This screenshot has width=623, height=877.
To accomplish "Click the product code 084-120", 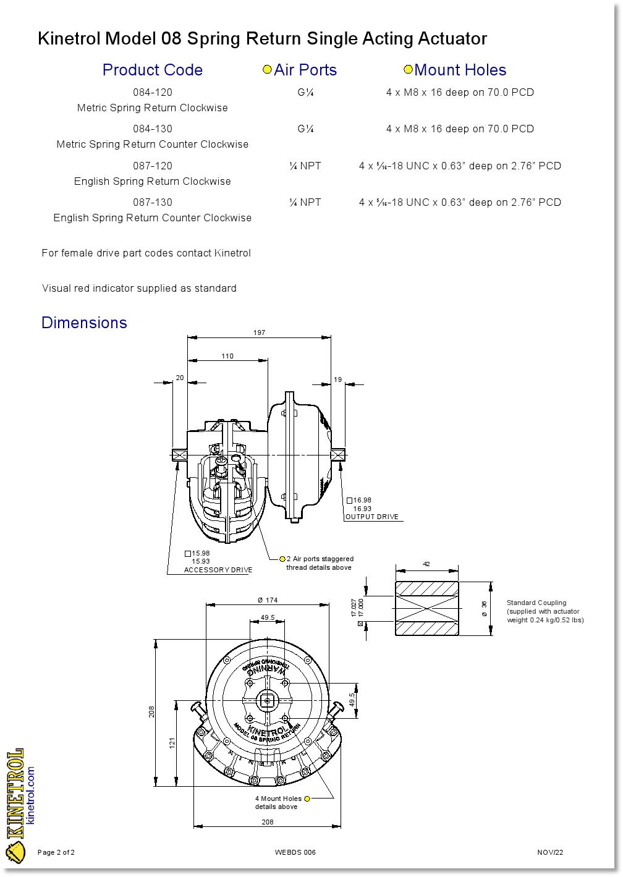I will point(153,93).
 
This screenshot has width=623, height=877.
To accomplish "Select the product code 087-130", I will point(153,203).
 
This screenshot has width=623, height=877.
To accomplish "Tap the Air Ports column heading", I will point(305,70).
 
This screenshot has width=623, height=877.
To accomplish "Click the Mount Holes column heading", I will point(460,70).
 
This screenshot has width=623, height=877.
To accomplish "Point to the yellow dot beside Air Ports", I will point(267,70).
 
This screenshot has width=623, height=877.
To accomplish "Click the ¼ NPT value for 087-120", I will point(305,166).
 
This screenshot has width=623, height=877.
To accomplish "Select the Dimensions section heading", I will point(84,323).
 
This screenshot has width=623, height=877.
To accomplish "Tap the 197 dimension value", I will point(259,333).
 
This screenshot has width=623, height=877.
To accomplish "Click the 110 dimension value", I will point(227,356).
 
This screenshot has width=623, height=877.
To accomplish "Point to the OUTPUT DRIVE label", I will point(372,517).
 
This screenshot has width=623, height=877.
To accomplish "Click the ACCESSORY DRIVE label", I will point(218,570).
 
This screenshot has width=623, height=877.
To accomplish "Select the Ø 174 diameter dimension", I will point(268,600).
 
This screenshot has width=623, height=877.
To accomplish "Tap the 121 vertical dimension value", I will point(172,742).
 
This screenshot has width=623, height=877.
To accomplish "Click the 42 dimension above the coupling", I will point(426,564).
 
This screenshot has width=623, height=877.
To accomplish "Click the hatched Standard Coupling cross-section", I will point(426,609).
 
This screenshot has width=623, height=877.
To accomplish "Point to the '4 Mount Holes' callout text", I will point(278,799).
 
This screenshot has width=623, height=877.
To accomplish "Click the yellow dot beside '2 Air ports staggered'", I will point(282,559).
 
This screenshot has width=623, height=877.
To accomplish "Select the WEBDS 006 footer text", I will point(295,852).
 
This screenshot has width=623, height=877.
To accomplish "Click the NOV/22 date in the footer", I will point(550,852).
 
